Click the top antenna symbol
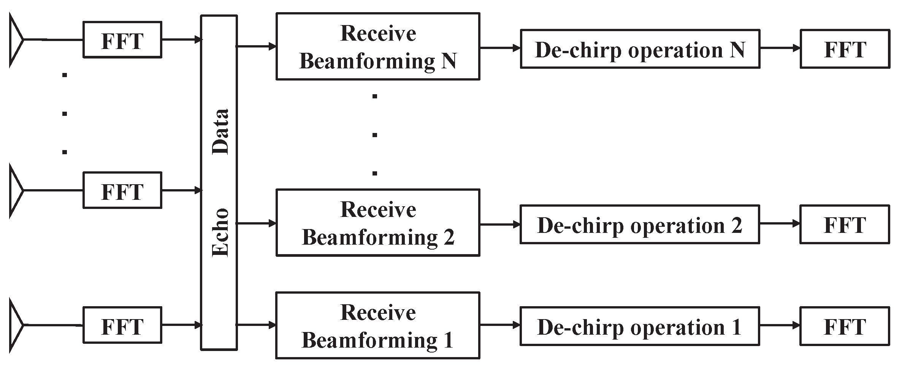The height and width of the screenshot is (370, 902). click(16, 40)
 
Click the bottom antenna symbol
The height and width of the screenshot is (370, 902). click(16, 325)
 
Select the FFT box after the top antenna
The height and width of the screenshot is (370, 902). click(122, 40)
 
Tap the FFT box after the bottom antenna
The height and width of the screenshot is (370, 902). click(122, 326)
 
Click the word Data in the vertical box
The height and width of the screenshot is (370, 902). click(220, 131)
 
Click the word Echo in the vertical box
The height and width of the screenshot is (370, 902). click(220, 232)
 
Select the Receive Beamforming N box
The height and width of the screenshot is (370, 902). click(377, 47)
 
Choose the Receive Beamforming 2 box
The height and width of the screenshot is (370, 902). click(377, 223)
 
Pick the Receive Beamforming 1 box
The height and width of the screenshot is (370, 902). click(377, 326)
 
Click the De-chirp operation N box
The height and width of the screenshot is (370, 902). click(640, 49)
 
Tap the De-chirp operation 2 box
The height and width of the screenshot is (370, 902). click(640, 225)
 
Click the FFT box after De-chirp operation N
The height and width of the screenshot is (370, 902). click(845, 49)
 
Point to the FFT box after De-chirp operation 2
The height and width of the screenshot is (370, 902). click(845, 225)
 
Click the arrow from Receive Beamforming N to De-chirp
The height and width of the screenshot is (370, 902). click(500, 48)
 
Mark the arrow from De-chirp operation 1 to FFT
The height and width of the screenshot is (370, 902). click(780, 326)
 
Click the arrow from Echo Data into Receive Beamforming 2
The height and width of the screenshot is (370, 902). click(257, 223)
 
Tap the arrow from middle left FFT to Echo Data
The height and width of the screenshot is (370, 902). click(181, 190)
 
